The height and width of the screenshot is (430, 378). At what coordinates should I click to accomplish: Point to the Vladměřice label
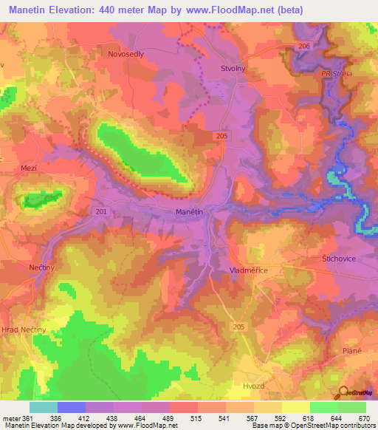click(248, 271)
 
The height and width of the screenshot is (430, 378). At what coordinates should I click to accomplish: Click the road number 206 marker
click(305, 46)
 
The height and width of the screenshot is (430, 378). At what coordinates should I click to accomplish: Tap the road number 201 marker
click(101, 212)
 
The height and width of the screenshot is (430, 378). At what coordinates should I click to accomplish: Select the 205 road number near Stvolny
click(224, 136)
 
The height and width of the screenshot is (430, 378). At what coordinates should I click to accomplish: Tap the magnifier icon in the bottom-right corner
click(344, 392)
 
